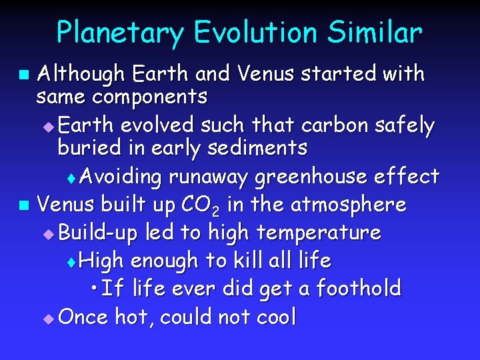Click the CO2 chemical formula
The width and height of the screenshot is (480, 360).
click(x=197, y=205)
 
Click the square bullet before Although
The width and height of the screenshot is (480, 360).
click(x=24, y=73)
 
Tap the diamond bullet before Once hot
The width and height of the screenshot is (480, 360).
click(x=47, y=318)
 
